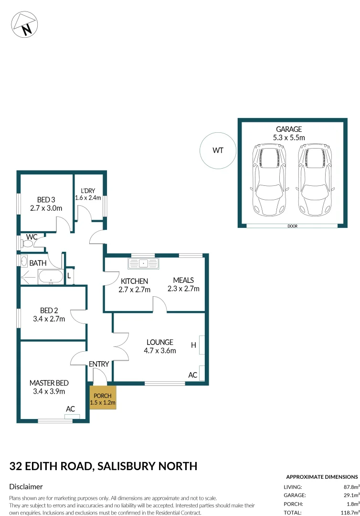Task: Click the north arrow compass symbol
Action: click(x=25, y=24)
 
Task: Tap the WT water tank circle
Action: click(x=218, y=150)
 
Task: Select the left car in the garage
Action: click(x=270, y=179)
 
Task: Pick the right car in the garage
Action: click(x=315, y=179)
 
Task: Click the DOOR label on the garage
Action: click(x=293, y=226)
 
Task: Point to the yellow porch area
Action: click(x=103, y=398)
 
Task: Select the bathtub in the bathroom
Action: click(x=50, y=277)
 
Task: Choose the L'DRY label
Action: click(x=87, y=191)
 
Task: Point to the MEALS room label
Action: click(x=183, y=280)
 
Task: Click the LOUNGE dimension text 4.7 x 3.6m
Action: click(x=160, y=350)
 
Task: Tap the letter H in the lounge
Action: click(x=194, y=345)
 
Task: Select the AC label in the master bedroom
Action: click(x=71, y=409)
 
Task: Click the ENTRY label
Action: click(x=99, y=364)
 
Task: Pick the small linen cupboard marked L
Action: click(x=69, y=276)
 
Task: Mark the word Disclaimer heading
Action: click(x=26, y=487)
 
